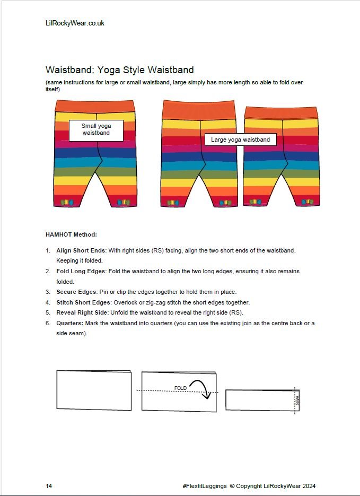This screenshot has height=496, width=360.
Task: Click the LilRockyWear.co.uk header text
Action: click(75, 23)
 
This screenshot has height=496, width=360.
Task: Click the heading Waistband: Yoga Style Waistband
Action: click(119, 70)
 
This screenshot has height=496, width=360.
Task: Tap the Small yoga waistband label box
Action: click(96, 129)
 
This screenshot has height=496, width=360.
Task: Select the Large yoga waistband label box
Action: click(240, 140)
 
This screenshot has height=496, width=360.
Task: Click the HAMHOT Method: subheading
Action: click(72, 234)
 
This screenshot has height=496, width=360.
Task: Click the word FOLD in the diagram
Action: click(180, 388)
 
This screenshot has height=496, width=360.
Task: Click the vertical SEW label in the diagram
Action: click(297, 400)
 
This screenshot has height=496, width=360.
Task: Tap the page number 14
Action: click(49, 485)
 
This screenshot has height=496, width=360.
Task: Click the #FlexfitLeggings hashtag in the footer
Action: click(204, 485)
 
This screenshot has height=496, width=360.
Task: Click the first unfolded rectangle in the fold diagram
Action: click(94, 390)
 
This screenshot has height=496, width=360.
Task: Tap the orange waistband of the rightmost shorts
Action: click(281, 112)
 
